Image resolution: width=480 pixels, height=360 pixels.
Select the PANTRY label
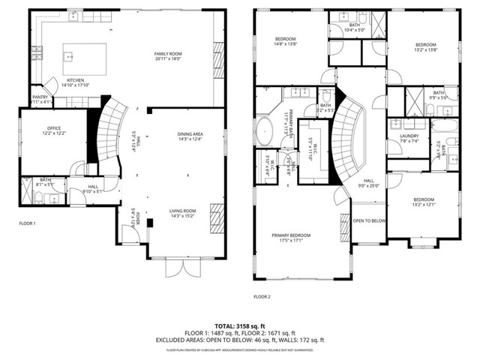point(40,97)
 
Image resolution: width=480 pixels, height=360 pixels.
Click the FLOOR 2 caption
point(261,297)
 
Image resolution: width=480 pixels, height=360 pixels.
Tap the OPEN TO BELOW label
point(369,220)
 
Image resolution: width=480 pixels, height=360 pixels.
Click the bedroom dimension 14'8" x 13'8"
point(285,44)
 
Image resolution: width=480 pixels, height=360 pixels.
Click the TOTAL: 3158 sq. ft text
point(240,325)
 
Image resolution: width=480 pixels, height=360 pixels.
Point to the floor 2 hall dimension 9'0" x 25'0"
point(369,185)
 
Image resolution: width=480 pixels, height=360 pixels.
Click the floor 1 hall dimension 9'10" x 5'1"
point(92,191)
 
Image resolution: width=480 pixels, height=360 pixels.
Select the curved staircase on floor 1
point(113,135)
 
